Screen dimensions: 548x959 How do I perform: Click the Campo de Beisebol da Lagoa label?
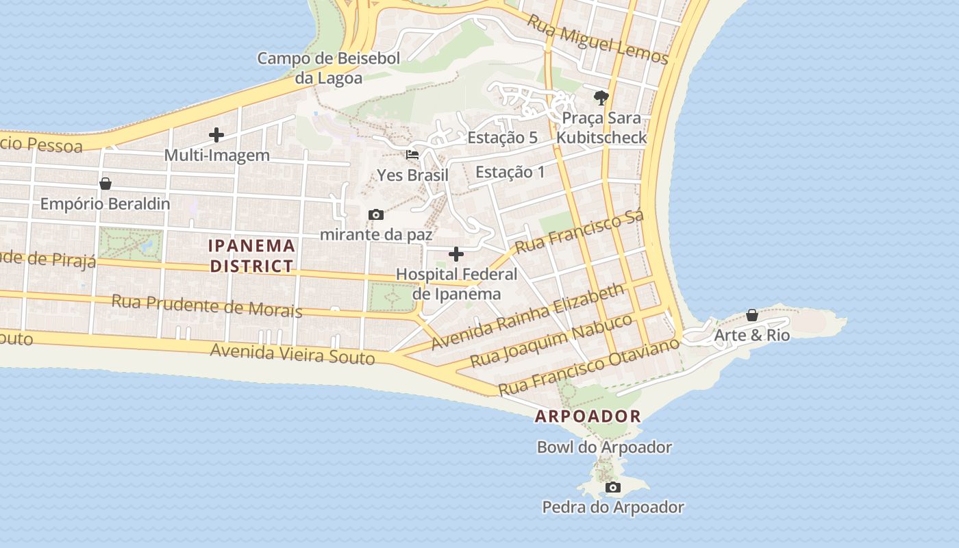tap(328, 68)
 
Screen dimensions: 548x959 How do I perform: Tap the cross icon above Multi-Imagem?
tap(216, 135)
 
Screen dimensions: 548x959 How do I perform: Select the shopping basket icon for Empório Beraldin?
tap(105, 184)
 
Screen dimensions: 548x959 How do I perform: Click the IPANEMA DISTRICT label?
tap(252, 256)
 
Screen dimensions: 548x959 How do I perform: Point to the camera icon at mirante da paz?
tap(376, 215)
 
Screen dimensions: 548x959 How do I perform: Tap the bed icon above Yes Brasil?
tap(412, 155)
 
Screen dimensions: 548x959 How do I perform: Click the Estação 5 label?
tap(502, 138)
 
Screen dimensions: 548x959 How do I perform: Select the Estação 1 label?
tap(510, 172)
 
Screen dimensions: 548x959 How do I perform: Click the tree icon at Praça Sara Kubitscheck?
tap(601, 98)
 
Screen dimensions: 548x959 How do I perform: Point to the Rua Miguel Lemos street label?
tap(597, 40)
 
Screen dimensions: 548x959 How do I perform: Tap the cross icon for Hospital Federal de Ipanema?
tap(456, 255)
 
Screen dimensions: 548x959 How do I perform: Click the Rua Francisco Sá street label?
tap(580, 233)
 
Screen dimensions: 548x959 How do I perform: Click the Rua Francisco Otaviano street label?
tap(589, 366)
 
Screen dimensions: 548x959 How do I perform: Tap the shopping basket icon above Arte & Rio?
tap(752, 315)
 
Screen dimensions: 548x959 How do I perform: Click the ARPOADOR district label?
tap(588, 416)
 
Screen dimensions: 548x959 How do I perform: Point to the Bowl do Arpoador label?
tap(604, 447)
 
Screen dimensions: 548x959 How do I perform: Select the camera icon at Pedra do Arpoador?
tap(613, 488)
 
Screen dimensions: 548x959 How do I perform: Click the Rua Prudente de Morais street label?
tap(207, 306)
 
